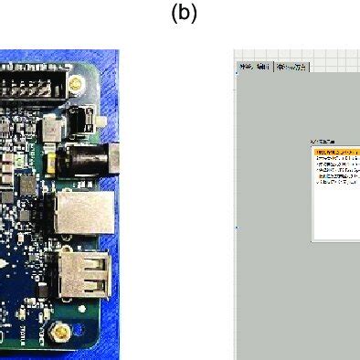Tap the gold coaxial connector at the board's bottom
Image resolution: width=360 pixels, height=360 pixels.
pyautogui.click(x=60, y=331)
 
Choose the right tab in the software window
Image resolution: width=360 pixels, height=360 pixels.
pyautogui.click(x=291, y=67)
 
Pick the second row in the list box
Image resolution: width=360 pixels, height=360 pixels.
pyautogui.click(x=335, y=158)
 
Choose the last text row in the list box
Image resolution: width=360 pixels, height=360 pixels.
pyautogui.click(x=335, y=183)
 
